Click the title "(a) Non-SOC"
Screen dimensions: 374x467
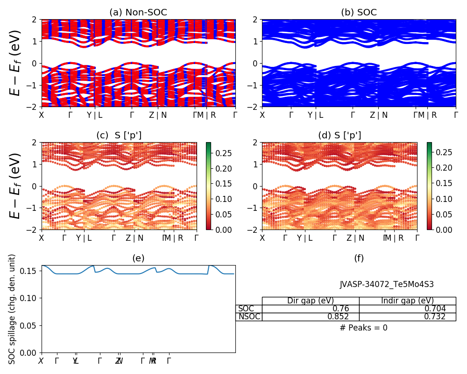click(x=138, y=13)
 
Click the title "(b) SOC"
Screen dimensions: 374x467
click(x=359, y=13)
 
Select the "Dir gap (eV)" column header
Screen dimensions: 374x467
click(x=311, y=301)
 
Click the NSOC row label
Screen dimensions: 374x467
click(x=249, y=316)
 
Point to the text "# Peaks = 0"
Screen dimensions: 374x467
click(x=363, y=328)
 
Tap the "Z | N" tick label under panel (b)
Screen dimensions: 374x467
click(x=379, y=115)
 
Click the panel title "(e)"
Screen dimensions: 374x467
click(x=138, y=258)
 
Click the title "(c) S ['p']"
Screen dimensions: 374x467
click(x=119, y=136)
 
